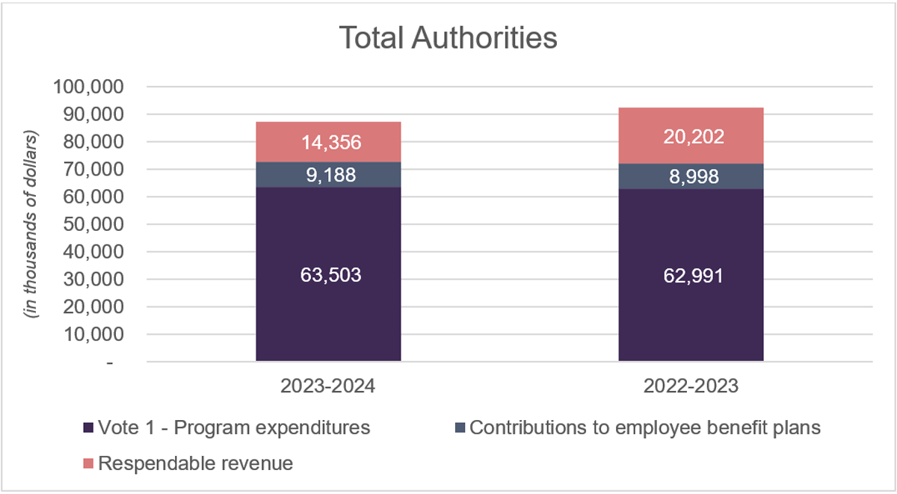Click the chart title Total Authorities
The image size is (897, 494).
[449, 38]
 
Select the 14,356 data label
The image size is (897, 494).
[328, 143]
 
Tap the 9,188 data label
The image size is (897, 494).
[328, 175]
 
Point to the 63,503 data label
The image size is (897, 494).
[328, 275]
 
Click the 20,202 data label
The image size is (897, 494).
[691, 136]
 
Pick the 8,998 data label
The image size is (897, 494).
[691, 176]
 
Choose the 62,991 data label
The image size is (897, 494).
[691, 276]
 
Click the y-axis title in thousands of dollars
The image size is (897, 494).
[32, 225]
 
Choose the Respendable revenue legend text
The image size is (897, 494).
[196, 464]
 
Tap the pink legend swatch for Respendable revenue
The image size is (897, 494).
[88, 464]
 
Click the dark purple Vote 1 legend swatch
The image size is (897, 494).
[88, 428]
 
